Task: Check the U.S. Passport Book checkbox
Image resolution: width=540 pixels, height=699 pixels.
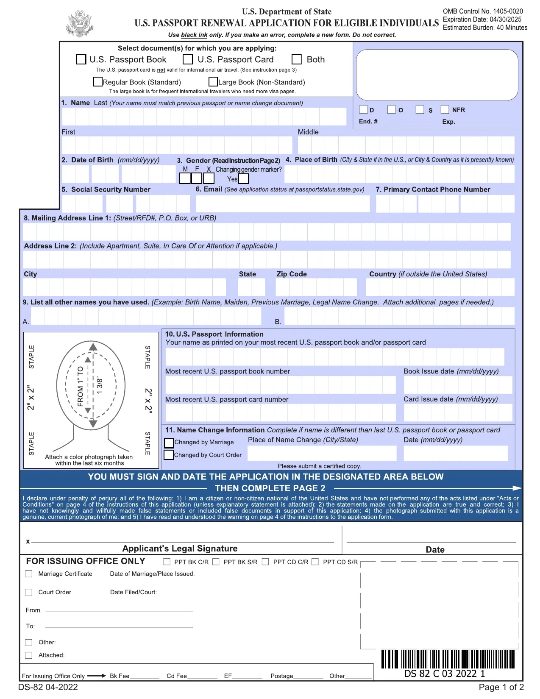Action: point(81,59)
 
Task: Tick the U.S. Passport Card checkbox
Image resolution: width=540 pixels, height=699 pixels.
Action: point(188,59)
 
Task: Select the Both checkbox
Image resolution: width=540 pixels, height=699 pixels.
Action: point(297,59)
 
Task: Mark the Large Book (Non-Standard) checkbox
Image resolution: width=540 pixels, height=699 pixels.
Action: point(213,81)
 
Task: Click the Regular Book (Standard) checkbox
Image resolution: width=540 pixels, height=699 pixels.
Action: point(98,81)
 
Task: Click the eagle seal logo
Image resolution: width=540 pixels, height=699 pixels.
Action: point(79,24)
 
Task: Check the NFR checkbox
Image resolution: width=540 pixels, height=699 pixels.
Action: point(445,109)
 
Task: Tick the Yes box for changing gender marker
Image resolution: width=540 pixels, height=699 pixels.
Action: point(243,179)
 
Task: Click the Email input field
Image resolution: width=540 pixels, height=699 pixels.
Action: point(282,203)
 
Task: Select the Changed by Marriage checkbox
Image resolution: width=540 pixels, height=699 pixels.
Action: point(169,443)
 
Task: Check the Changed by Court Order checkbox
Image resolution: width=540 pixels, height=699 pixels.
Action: point(169,455)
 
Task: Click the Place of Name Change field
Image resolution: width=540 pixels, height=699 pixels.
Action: point(322,453)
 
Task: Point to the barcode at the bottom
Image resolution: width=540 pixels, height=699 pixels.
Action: point(448,659)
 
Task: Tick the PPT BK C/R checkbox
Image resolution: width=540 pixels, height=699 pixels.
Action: point(167,562)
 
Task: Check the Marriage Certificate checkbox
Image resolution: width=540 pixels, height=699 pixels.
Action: point(29,574)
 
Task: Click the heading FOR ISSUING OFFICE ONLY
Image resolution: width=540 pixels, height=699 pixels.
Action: point(86,561)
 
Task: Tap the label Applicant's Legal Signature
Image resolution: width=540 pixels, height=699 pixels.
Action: point(180,549)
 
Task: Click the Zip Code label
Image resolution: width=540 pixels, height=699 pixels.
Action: point(291,274)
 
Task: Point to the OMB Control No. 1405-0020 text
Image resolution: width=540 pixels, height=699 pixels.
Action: point(482,11)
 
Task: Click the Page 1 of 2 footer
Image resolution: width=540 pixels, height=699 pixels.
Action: point(501,687)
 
